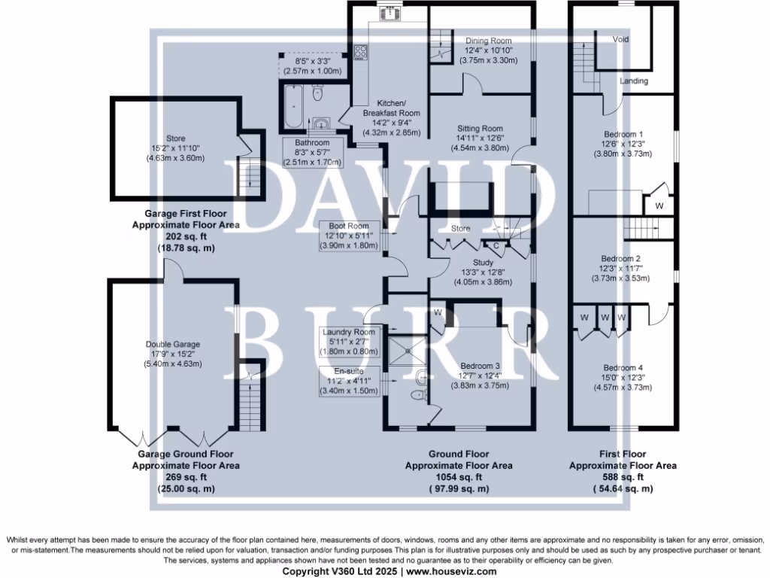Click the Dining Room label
[x=489, y=41]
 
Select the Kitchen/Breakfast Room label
[x=391, y=108]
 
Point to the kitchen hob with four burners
[x=360, y=52]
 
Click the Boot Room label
[x=348, y=225]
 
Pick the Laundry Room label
[x=348, y=332]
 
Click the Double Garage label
[x=173, y=345]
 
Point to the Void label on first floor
[x=620, y=39]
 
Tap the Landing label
[x=634, y=81]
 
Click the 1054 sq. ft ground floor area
[x=459, y=477]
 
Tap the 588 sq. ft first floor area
[x=623, y=477]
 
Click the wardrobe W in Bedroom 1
[x=659, y=205]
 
